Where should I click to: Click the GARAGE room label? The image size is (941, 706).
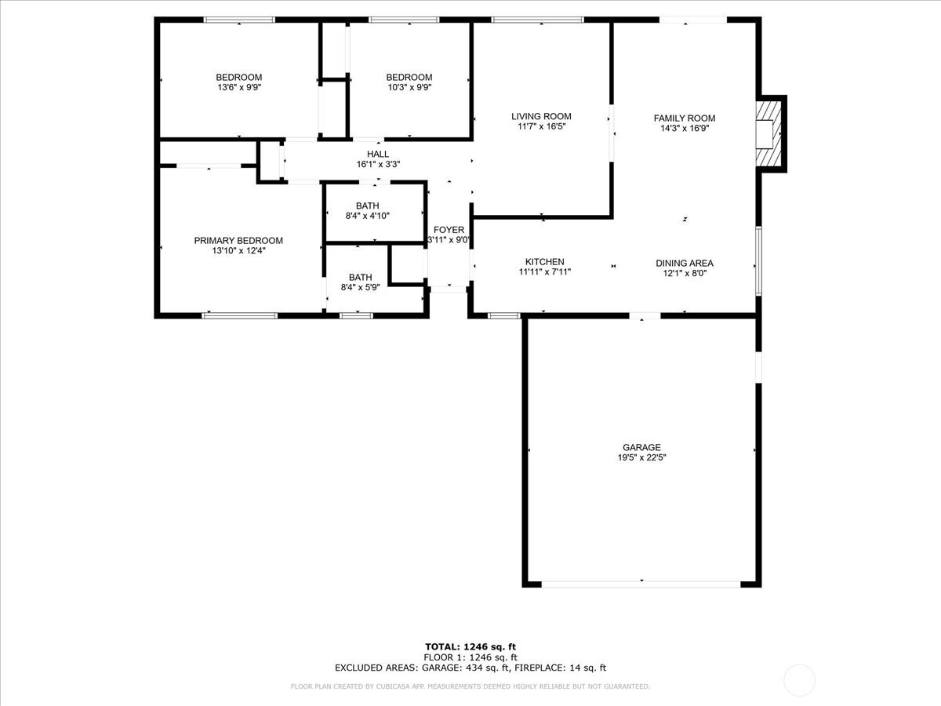click(x=641, y=447)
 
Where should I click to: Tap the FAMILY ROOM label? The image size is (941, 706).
click(x=685, y=118)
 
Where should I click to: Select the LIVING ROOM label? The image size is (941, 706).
click(x=541, y=116)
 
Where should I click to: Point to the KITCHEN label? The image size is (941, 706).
click(x=544, y=261)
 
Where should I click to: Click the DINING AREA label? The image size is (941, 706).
click(x=685, y=264)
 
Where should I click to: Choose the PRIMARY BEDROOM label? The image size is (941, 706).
click(x=238, y=241)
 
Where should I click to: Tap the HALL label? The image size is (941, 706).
click(x=378, y=154)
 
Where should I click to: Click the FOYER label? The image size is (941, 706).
click(x=449, y=230)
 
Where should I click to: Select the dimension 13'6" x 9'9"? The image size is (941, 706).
click(x=239, y=87)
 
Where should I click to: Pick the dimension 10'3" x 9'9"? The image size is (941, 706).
click(x=409, y=87)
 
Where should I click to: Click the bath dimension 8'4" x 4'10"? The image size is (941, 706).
click(x=368, y=216)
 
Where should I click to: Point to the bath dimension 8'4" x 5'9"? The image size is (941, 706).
click(x=360, y=287)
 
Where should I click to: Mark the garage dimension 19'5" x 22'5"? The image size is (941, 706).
click(x=641, y=457)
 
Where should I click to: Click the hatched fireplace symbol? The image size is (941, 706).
click(x=768, y=133)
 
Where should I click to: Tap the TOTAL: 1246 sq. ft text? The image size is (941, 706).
click(x=470, y=647)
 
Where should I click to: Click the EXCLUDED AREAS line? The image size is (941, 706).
click(x=470, y=668)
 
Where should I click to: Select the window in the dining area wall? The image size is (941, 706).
click(x=758, y=260)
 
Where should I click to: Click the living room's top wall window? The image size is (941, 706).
click(x=537, y=20)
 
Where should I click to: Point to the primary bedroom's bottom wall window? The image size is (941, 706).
click(x=240, y=315)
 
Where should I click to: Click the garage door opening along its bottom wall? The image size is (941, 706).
click(x=641, y=584)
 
